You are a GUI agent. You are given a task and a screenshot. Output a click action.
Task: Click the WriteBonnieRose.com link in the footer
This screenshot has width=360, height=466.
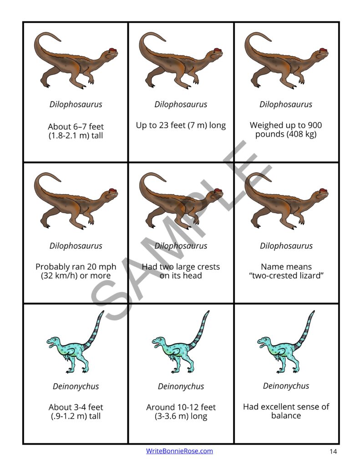(179, 451)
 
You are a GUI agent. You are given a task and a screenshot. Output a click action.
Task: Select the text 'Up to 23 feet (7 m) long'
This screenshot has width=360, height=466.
(181, 125)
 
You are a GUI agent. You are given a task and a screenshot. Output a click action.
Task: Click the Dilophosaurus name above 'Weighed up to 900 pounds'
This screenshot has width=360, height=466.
(286, 104)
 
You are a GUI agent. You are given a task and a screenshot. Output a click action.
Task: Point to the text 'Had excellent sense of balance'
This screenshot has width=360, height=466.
(286, 411)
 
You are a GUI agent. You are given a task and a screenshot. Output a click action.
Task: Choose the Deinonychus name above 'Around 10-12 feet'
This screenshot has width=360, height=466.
(181, 386)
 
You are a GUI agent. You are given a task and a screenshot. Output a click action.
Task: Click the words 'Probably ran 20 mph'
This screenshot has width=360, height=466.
(76, 267)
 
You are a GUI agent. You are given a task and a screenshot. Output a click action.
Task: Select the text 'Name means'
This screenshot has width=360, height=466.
(286, 267)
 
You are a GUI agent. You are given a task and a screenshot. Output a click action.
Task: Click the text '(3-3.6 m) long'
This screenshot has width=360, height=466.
(181, 416)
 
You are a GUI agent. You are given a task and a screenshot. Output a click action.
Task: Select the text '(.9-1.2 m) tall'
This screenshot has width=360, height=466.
(76, 416)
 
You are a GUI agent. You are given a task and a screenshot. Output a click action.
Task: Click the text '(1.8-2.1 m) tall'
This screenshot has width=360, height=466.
(76, 136)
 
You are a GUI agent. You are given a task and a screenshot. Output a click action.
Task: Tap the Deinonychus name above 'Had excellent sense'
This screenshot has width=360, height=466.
(286, 386)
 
